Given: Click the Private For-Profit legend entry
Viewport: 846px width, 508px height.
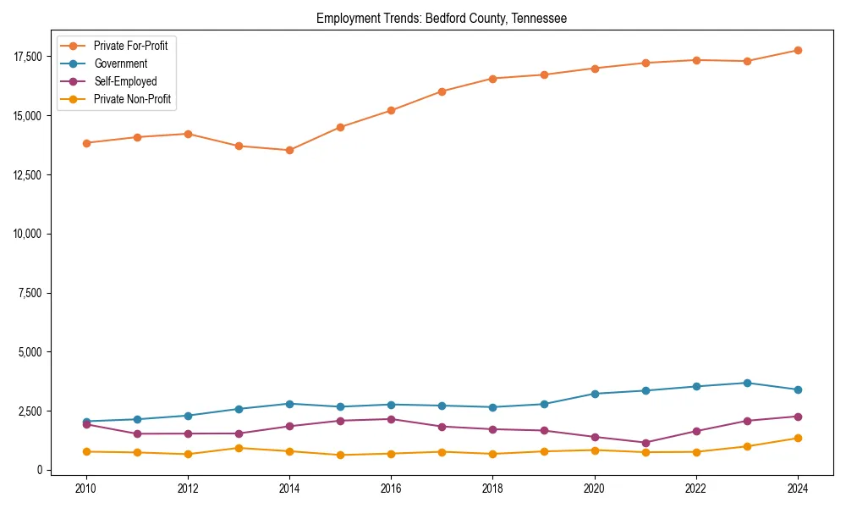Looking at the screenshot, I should pyautogui.click(x=130, y=46).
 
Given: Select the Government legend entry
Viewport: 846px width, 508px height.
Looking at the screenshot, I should pyautogui.click(x=120, y=63).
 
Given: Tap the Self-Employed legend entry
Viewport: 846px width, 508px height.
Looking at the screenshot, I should pyautogui.click(x=125, y=81).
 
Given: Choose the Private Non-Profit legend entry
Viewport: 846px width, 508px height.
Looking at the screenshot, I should pyautogui.click(x=132, y=99).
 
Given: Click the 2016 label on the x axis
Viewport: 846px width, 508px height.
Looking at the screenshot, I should pyautogui.click(x=391, y=489).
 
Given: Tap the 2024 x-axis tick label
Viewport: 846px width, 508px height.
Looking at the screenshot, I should pyautogui.click(x=798, y=489).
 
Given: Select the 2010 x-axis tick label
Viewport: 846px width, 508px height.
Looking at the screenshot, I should pyautogui.click(x=85, y=489).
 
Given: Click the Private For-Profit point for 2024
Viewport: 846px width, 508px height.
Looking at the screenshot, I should pyautogui.click(x=798, y=50).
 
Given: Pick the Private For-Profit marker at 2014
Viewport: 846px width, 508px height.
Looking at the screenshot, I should pyautogui.click(x=289, y=150).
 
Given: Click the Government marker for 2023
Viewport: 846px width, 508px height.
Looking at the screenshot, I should pyautogui.click(x=747, y=383).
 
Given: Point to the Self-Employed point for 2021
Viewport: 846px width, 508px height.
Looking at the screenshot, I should pyautogui.click(x=645, y=443).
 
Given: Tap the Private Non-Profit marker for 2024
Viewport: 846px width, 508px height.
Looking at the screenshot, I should pyautogui.click(x=798, y=438).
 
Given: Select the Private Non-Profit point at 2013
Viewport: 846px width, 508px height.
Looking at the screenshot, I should pyautogui.click(x=239, y=448).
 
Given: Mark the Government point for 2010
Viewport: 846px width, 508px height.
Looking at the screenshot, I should pyautogui.click(x=85, y=422).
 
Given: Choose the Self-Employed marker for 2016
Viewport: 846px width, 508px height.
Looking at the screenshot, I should pyautogui.click(x=391, y=419).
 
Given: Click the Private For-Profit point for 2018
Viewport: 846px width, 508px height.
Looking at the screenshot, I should pyautogui.click(x=492, y=79).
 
